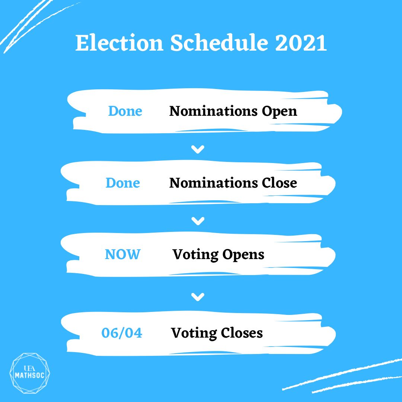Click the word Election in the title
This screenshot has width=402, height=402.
[119, 44]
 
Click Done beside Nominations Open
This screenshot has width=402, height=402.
[125, 111]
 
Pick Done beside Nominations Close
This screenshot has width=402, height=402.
[123, 183]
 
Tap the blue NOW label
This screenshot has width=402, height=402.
[122, 255]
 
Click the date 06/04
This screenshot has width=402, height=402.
[122, 333]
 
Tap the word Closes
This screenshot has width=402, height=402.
[242, 333]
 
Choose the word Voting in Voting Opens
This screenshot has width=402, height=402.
[195, 255]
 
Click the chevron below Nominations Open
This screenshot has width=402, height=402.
[198, 150]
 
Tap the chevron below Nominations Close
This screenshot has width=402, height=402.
[198, 221]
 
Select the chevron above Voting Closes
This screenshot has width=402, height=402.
[198, 297]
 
